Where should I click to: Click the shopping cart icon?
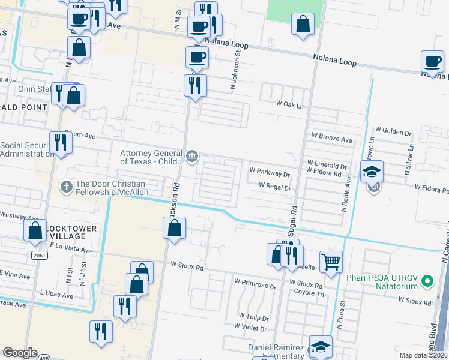pos(330,262)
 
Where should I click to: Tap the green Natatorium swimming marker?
pos(427,280)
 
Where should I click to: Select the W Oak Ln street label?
pos(291,104)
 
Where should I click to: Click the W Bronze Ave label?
pos(331,139)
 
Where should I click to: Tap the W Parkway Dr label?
pos(270,174)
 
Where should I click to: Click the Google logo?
pos(20,352)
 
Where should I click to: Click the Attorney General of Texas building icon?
pos(191,157)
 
